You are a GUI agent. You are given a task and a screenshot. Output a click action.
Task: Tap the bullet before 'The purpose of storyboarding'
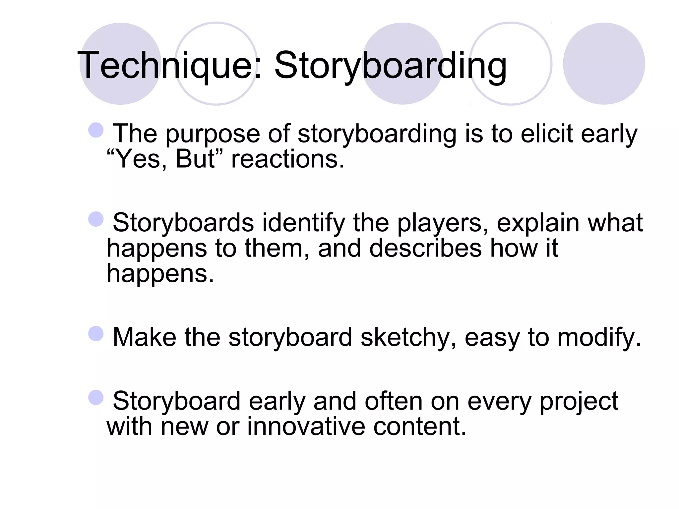point(96,130)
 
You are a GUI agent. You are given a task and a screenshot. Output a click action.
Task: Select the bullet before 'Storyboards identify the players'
point(96,219)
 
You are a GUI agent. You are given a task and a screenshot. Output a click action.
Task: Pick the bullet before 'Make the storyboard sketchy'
point(96,333)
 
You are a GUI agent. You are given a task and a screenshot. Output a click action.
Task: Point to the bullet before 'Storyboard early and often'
point(96,397)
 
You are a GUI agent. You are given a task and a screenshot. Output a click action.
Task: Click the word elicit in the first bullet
point(546,134)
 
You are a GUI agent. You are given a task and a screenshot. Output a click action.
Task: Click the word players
point(443,223)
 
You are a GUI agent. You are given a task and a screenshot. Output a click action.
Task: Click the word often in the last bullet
point(393,401)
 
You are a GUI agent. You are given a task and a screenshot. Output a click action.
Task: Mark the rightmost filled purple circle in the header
point(604,64)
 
